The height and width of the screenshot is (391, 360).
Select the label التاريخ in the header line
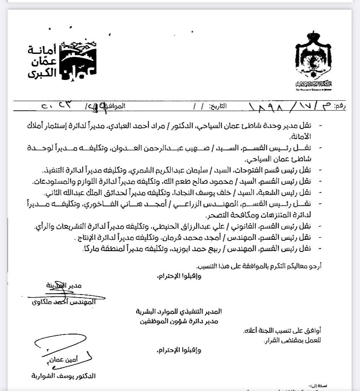click(x=220, y=106)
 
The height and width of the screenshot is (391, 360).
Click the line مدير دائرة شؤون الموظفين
click(x=178, y=321)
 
